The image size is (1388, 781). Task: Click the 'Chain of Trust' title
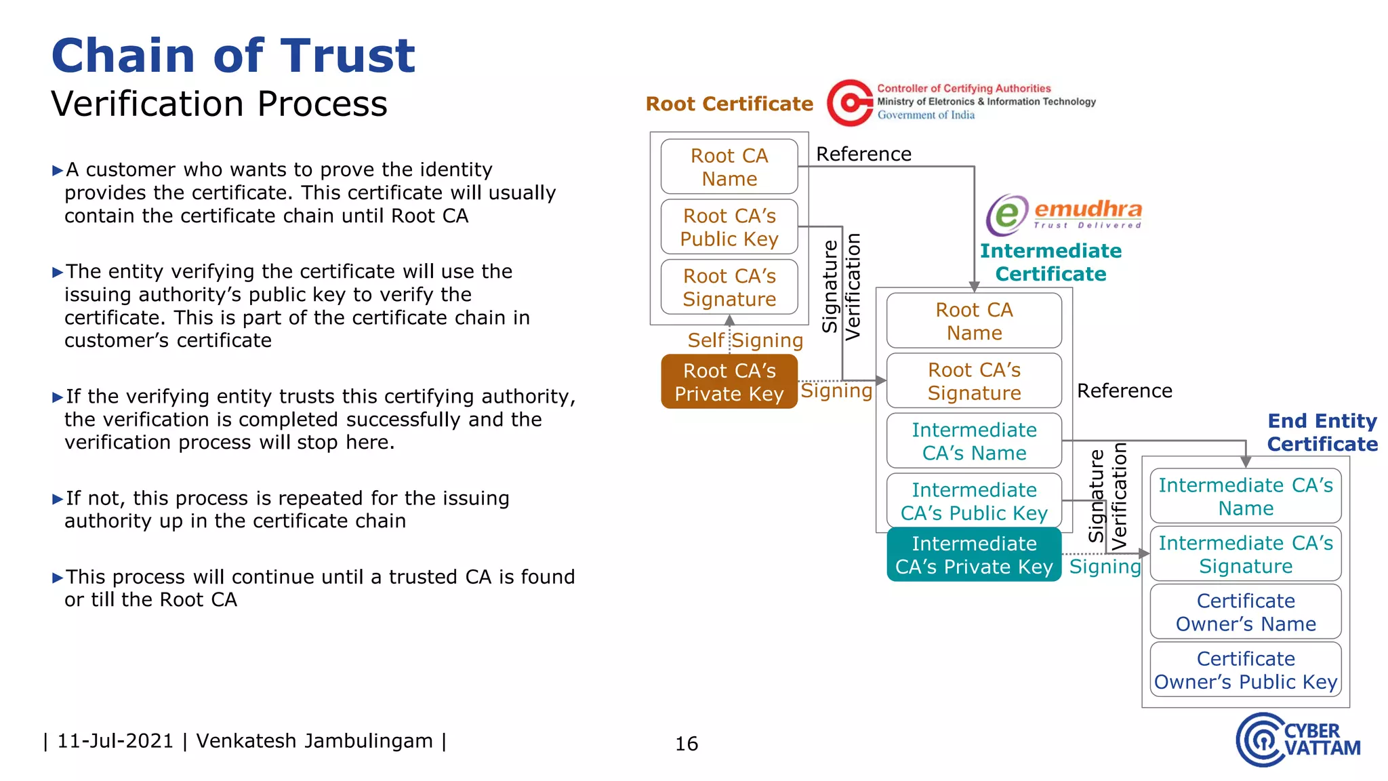pyautogui.click(x=233, y=56)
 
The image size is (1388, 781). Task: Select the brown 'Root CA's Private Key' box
pyautogui.click(x=729, y=382)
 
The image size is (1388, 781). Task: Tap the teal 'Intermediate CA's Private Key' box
pyautogui.click(x=974, y=555)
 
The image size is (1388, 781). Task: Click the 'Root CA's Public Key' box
pyautogui.click(x=729, y=227)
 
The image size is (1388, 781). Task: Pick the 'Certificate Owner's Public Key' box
pyautogui.click(x=1246, y=670)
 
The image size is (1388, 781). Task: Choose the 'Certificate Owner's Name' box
pyautogui.click(x=1246, y=612)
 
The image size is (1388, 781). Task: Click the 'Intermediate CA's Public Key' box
pyautogui.click(x=974, y=501)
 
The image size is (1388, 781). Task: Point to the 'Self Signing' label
pyautogui.click(x=745, y=340)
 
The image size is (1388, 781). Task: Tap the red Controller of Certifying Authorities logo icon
pyautogui.click(x=850, y=103)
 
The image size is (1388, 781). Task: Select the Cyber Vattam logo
pyautogui.click(x=1297, y=740)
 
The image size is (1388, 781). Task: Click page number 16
pyautogui.click(x=687, y=744)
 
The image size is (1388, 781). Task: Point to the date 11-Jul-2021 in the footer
pyautogui.click(x=115, y=741)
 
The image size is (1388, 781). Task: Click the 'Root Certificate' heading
pyautogui.click(x=729, y=104)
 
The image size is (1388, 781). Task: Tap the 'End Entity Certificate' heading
pyautogui.click(x=1322, y=433)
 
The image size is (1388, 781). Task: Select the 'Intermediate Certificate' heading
pyautogui.click(x=1050, y=262)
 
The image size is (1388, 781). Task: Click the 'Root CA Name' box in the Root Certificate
pyautogui.click(x=729, y=167)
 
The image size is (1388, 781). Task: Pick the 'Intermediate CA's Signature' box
pyautogui.click(x=1246, y=555)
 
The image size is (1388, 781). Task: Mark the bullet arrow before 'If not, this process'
pyautogui.click(x=58, y=500)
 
